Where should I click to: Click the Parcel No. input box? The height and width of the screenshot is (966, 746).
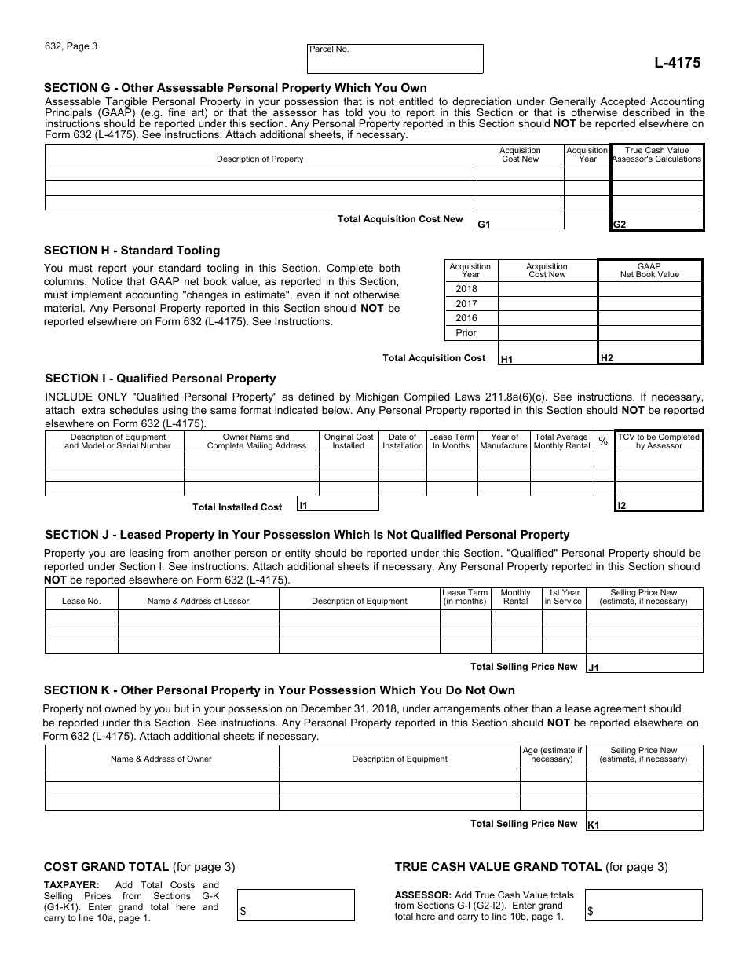tap(395, 58)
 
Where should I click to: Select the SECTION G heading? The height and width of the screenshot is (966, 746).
tap(236, 88)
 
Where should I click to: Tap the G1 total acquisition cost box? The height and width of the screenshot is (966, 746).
tap(520, 220)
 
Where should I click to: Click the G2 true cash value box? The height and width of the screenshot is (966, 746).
tap(656, 220)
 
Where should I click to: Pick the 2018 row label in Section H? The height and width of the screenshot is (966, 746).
tap(466, 289)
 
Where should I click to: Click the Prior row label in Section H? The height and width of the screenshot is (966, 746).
tap(466, 333)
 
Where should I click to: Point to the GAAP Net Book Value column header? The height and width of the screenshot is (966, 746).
tap(649, 270)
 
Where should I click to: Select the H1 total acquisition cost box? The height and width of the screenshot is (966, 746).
tap(547, 354)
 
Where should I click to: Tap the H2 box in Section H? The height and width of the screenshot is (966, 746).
tap(649, 353)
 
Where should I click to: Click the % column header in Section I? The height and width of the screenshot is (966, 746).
tap(603, 441)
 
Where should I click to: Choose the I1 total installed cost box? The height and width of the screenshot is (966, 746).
tap(337, 504)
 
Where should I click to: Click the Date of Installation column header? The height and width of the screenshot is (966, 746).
tap(402, 441)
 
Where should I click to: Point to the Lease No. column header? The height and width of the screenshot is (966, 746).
tap(82, 601)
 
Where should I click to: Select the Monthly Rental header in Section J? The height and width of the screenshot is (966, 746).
tap(515, 597)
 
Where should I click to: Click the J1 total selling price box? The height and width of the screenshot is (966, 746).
tap(644, 664)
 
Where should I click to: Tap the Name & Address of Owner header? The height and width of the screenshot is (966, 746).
tap(161, 759)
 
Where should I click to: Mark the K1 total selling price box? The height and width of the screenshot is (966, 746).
tap(644, 821)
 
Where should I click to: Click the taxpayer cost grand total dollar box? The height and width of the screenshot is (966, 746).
tap(296, 905)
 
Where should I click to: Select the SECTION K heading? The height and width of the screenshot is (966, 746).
tap(279, 690)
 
